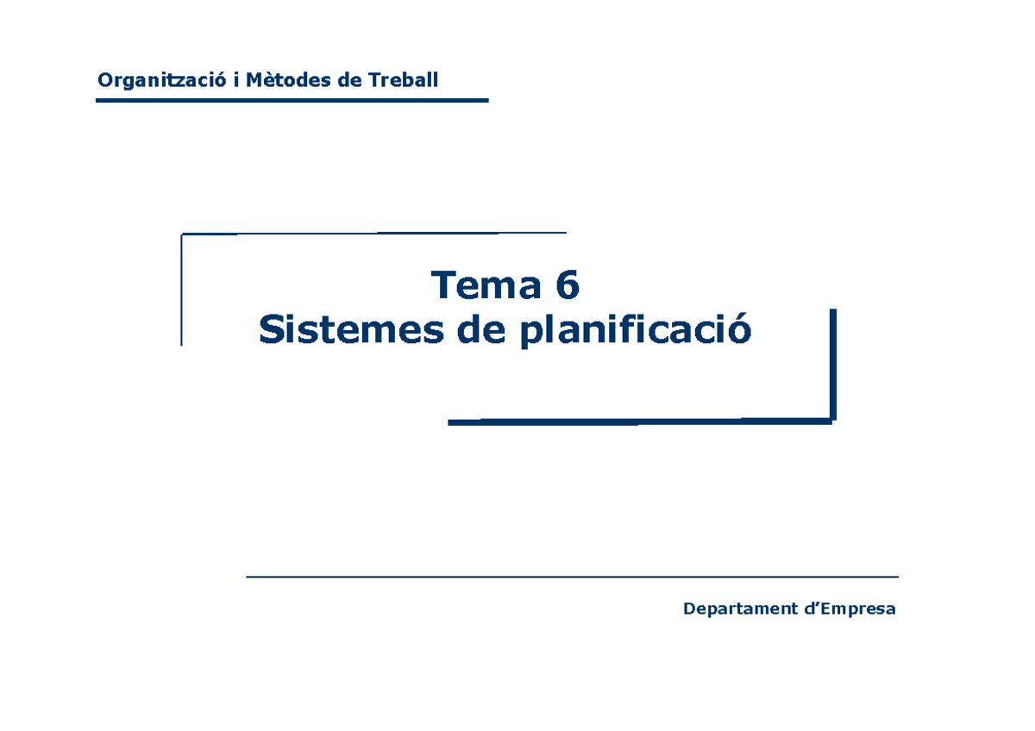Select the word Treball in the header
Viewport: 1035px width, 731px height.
tap(403, 81)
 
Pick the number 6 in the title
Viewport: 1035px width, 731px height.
tap(567, 285)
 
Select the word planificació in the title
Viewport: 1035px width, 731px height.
tap(636, 330)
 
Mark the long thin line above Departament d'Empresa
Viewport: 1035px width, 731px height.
tap(572, 577)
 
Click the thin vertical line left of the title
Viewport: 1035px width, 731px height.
tap(182, 290)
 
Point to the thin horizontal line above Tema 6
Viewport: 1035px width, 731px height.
tap(373, 234)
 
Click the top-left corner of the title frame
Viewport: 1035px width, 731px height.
tap(183, 234)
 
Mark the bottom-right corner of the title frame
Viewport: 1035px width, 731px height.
tap(832, 421)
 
